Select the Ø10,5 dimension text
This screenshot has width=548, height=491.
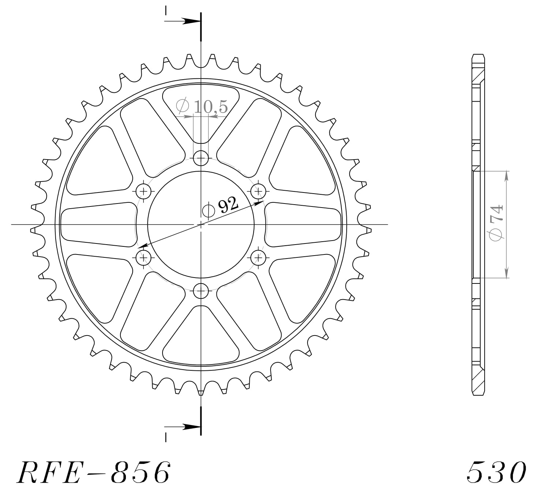click(202, 107)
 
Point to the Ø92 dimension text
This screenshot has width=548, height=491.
click(221, 207)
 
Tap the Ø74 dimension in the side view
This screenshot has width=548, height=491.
click(497, 223)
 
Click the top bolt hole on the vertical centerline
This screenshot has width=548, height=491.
click(201, 159)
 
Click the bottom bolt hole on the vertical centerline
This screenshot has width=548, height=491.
click(201, 292)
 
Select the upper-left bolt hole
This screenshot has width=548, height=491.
click(143, 191)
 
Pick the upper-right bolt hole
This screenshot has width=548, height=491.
click(258, 191)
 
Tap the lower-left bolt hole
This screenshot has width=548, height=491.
click(143, 258)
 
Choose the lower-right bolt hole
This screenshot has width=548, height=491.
click(258, 258)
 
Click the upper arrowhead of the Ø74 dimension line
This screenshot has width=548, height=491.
click(507, 176)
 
